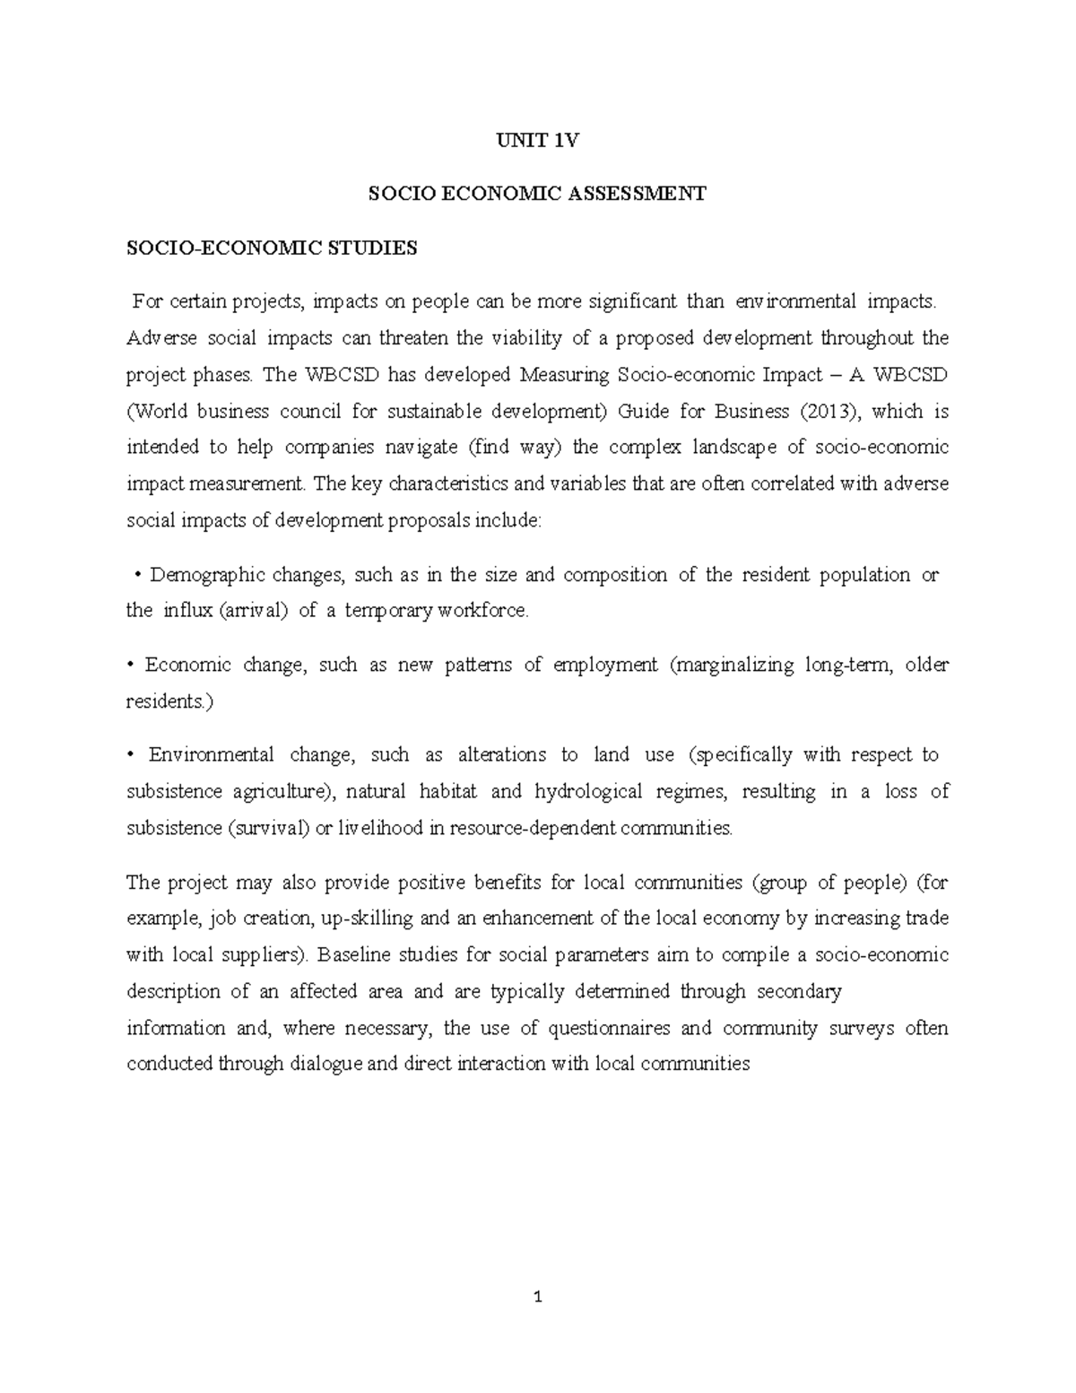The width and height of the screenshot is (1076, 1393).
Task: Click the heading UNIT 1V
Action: (538, 140)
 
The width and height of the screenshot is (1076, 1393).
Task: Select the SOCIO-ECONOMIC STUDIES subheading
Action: (272, 248)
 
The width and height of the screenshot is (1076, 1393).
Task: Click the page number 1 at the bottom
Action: (538, 1297)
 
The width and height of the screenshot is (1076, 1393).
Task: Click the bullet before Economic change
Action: (131, 666)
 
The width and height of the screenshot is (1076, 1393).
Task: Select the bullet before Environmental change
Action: (131, 755)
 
